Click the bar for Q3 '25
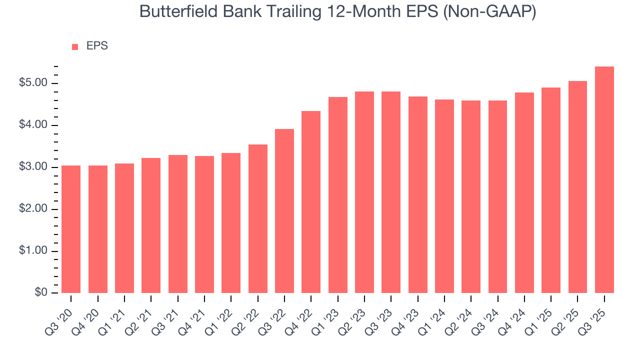(x=604, y=180)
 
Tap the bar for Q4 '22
(x=311, y=202)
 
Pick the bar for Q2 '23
(x=364, y=192)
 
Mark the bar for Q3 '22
(x=284, y=211)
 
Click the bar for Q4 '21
(x=204, y=224)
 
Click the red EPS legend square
(x=75, y=46)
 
